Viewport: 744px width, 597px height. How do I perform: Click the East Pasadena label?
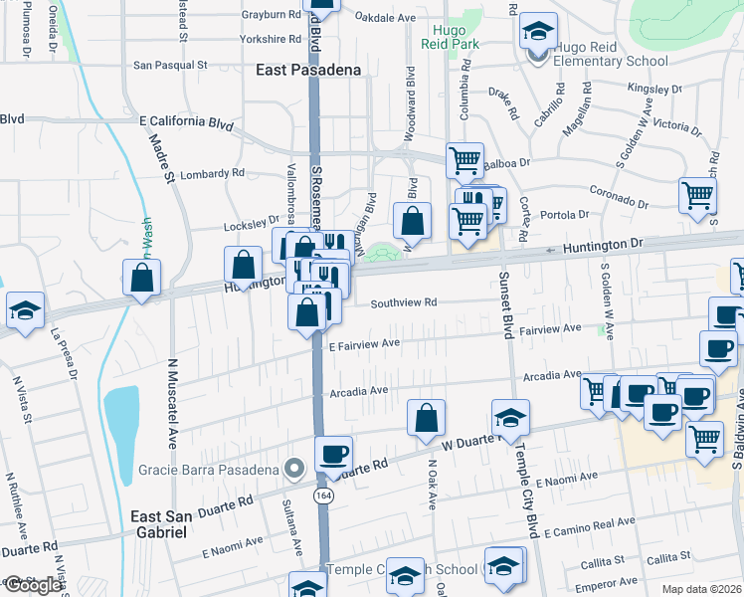[307, 70]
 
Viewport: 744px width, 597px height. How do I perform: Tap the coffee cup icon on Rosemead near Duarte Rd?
[334, 454]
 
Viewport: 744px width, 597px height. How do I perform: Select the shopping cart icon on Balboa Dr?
[465, 159]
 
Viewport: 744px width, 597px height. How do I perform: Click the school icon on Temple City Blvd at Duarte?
[510, 416]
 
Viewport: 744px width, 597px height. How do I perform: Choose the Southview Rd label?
[404, 302]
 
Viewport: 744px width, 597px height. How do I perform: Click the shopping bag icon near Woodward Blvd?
[412, 221]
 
